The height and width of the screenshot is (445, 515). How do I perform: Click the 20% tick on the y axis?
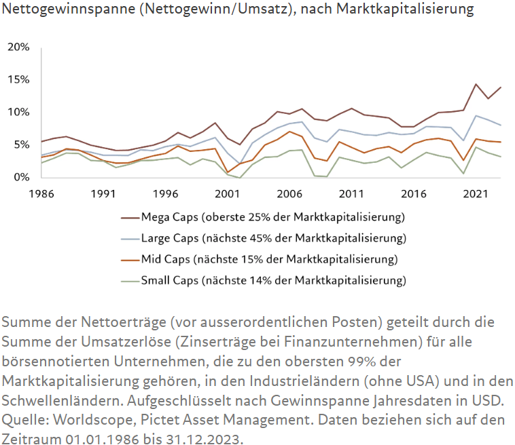[x=18, y=47]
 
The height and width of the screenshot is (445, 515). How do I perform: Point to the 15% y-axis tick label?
[x=18, y=79]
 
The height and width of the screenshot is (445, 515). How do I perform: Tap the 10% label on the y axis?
[x=18, y=112]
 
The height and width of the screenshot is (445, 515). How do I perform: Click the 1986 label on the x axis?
[x=41, y=193]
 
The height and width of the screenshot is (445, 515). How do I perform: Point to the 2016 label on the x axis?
[x=413, y=193]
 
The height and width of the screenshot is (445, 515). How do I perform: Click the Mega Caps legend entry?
[x=272, y=218]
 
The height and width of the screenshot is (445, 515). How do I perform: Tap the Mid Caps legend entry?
[x=268, y=259]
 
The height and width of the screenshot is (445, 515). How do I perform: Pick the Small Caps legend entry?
[x=272, y=280]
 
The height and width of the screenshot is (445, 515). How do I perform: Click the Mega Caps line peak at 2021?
[x=476, y=84]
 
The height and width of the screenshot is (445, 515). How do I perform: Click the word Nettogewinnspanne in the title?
[x=60, y=10]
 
